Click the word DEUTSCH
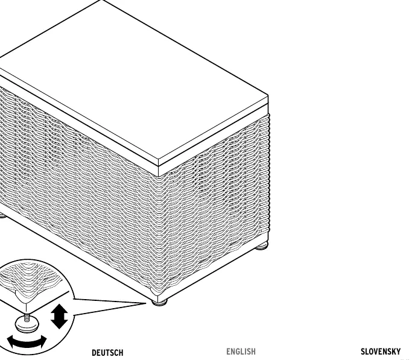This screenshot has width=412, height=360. (x=107, y=353)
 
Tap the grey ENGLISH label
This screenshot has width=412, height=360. (x=241, y=352)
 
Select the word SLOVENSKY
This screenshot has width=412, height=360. (x=381, y=352)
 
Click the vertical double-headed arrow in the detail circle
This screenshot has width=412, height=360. (x=59, y=316)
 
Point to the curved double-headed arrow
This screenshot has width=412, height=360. (x=27, y=342)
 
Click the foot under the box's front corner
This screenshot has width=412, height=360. (x=159, y=303)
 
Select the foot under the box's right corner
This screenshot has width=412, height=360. (x=262, y=246)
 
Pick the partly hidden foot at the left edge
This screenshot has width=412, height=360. (x=2, y=216)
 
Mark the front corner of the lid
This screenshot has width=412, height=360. (x=159, y=159)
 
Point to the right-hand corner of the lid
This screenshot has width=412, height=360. (x=268, y=96)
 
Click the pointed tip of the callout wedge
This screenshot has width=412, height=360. (x=146, y=303)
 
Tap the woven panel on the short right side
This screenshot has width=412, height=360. (x=214, y=202)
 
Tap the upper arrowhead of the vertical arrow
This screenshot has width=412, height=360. (x=59, y=308)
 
